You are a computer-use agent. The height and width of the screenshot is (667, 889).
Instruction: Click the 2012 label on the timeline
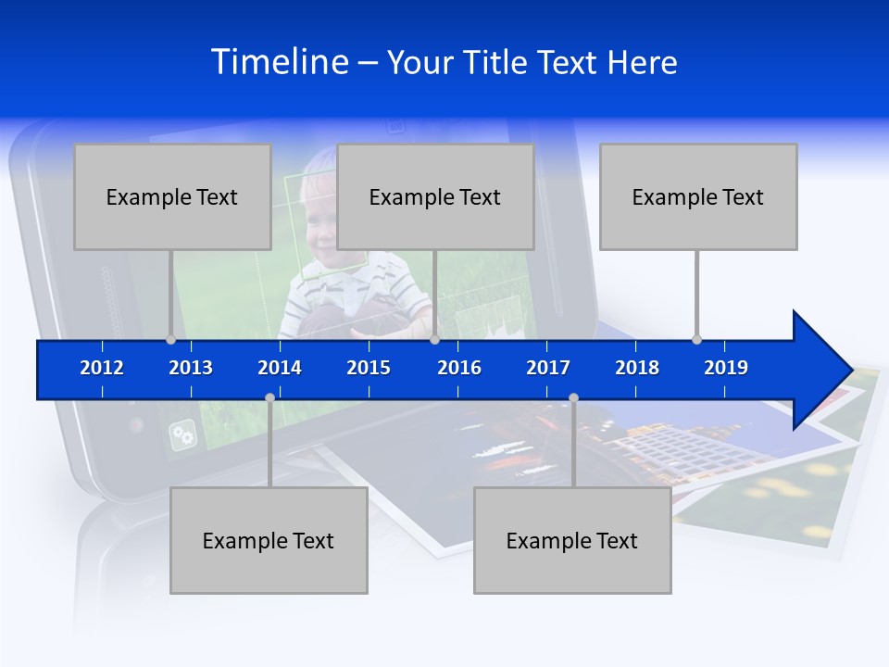tap(102, 368)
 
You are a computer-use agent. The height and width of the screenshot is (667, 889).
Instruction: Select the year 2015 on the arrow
tap(369, 368)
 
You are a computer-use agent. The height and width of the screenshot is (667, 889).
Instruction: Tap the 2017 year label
tap(548, 368)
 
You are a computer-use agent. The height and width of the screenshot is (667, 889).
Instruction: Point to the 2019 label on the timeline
tap(726, 368)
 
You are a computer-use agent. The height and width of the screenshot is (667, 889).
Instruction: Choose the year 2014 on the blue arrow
tap(280, 368)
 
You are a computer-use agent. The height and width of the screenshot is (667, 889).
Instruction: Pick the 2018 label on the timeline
tap(637, 368)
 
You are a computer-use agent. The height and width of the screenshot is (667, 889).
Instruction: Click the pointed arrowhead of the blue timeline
tap(824, 371)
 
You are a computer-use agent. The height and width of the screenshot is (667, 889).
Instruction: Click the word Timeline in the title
tap(280, 62)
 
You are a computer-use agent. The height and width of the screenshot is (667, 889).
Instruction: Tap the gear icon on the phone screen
tap(182, 435)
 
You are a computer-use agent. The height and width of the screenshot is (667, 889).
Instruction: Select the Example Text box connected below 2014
tap(269, 540)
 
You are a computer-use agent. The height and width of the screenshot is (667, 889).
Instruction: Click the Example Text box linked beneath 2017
tap(572, 540)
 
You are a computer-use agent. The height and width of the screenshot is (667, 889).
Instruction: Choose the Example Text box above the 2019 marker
tap(698, 196)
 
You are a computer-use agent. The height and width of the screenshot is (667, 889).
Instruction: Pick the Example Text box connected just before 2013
tap(172, 196)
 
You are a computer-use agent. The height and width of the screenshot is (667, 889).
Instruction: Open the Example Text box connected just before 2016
tap(435, 196)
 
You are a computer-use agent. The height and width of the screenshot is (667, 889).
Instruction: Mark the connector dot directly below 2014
tap(269, 397)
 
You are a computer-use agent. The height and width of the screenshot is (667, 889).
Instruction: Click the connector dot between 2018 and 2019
tap(697, 339)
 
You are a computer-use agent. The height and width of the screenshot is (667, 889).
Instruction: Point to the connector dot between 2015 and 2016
tap(434, 339)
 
